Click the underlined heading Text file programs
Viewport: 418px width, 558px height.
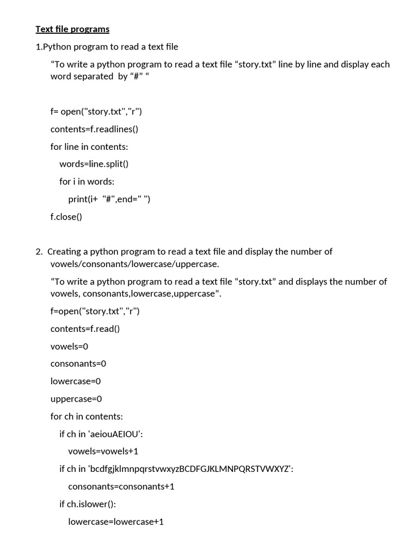[x=72, y=29]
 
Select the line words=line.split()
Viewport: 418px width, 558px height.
[x=94, y=164]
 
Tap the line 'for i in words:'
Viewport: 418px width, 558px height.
[x=87, y=181]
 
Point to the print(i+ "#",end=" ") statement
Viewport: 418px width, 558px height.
[x=109, y=199]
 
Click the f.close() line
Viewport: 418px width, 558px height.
[x=66, y=216]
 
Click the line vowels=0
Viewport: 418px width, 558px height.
[x=69, y=346]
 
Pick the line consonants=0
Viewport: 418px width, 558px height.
[x=78, y=363]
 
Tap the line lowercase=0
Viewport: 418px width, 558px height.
[x=76, y=381]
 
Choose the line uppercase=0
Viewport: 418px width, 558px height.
[x=76, y=398]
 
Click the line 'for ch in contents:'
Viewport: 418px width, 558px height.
[x=87, y=416]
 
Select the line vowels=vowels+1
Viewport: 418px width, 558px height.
[x=103, y=451]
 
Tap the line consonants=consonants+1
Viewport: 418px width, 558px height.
[x=121, y=486]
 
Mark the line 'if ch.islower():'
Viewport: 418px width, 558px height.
[x=88, y=504]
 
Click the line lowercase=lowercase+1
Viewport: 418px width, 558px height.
[x=115, y=521]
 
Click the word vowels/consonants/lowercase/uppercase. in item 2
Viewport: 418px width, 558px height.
[x=134, y=264]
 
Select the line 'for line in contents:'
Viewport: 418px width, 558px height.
[x=89, y=147]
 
